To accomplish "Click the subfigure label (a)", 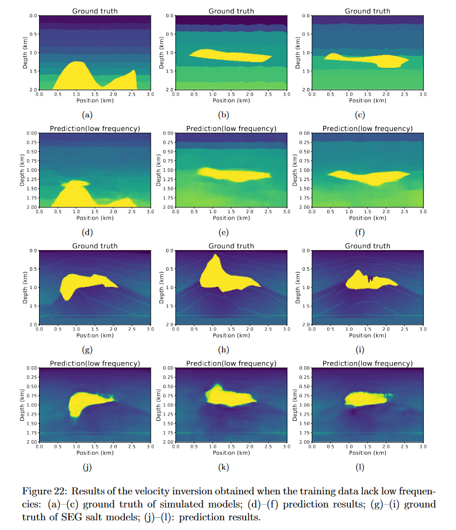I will pos(87,114).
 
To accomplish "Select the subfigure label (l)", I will pos(359,467).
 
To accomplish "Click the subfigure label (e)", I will pos(224,232).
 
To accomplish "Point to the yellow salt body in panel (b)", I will pos(230,56).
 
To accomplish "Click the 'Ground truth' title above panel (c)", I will pos(367,11).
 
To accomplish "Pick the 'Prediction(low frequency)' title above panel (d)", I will pos(95,128).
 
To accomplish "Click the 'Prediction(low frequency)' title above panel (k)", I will pos(231,363).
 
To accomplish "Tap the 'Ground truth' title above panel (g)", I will pos(95,246).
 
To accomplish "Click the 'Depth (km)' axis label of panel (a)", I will pos(26,53).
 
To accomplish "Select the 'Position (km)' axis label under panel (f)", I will pos(367,218).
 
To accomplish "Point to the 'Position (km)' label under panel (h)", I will pos(231,336).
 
